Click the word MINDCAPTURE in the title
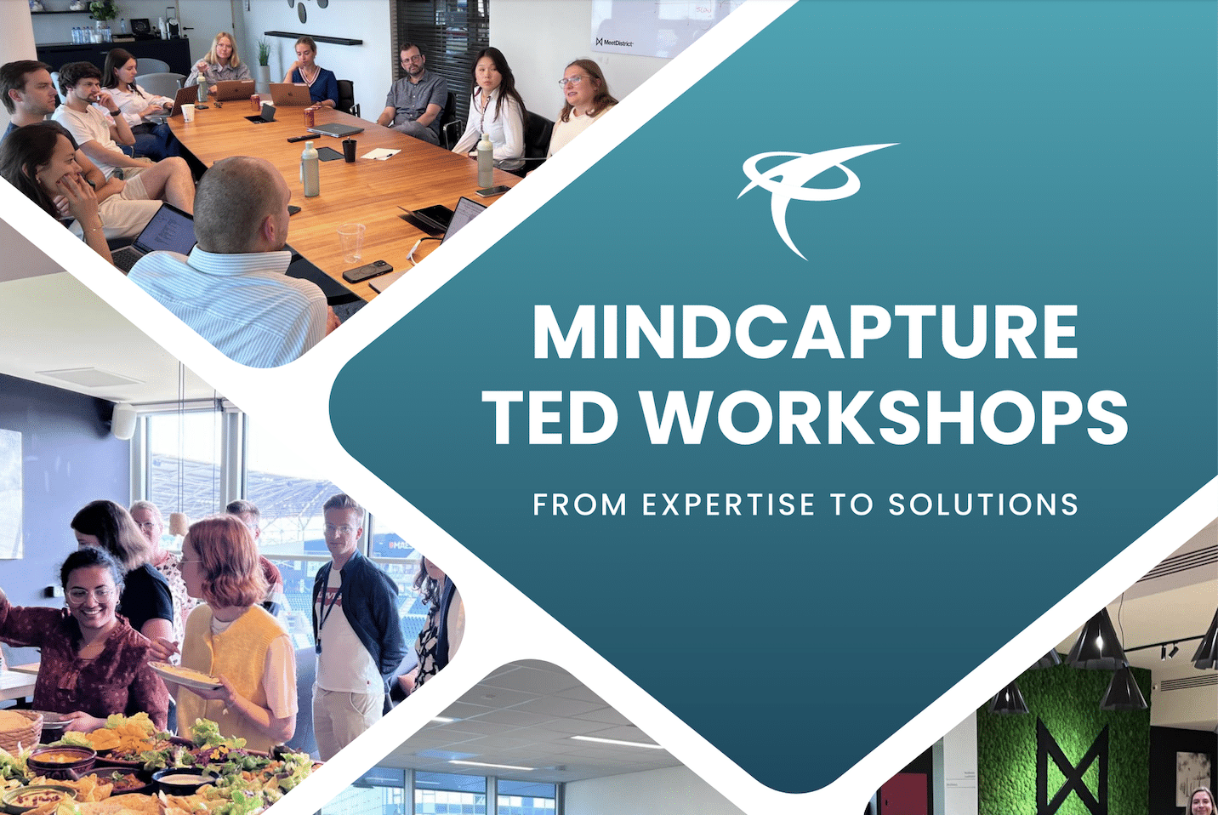point(805,332)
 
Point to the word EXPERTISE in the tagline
point(729,504)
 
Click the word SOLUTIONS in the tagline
point(983,504)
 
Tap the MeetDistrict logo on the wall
point(614,42)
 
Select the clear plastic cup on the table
point(350,242)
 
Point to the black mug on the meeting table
point(349,150)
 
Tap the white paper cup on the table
point(188,112)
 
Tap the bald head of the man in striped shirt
point(239,204)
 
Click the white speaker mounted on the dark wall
point(124,421)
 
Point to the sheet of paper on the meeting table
point(381,154)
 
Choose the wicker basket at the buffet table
point(20,732)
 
